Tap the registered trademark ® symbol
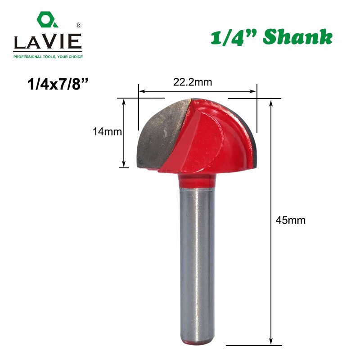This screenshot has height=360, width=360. coord(78,25)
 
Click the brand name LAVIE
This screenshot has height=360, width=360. coord(48,41)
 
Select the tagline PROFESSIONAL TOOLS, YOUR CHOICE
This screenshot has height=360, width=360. coord(48,57)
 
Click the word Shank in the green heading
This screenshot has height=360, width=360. coord(297,37)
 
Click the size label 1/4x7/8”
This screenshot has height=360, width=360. coord(58,84)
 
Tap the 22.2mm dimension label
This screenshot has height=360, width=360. coord(193,82)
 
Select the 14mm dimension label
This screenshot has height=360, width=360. coord(107,131)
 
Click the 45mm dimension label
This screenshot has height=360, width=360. coord(290,220)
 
